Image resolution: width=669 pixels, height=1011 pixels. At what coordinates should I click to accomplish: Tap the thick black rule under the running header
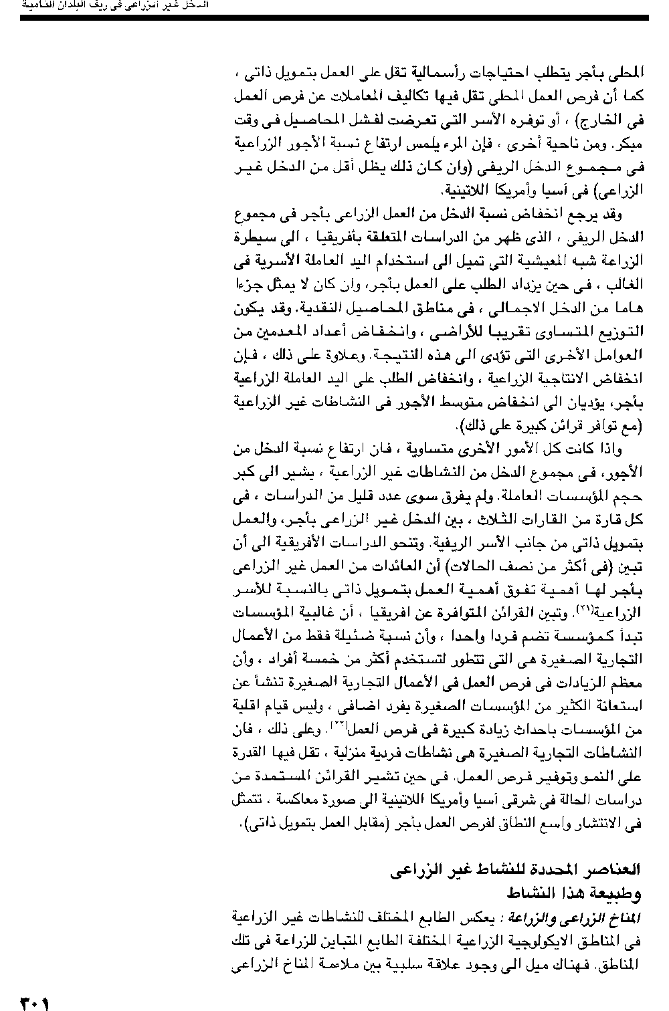click(x=334, y=17)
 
